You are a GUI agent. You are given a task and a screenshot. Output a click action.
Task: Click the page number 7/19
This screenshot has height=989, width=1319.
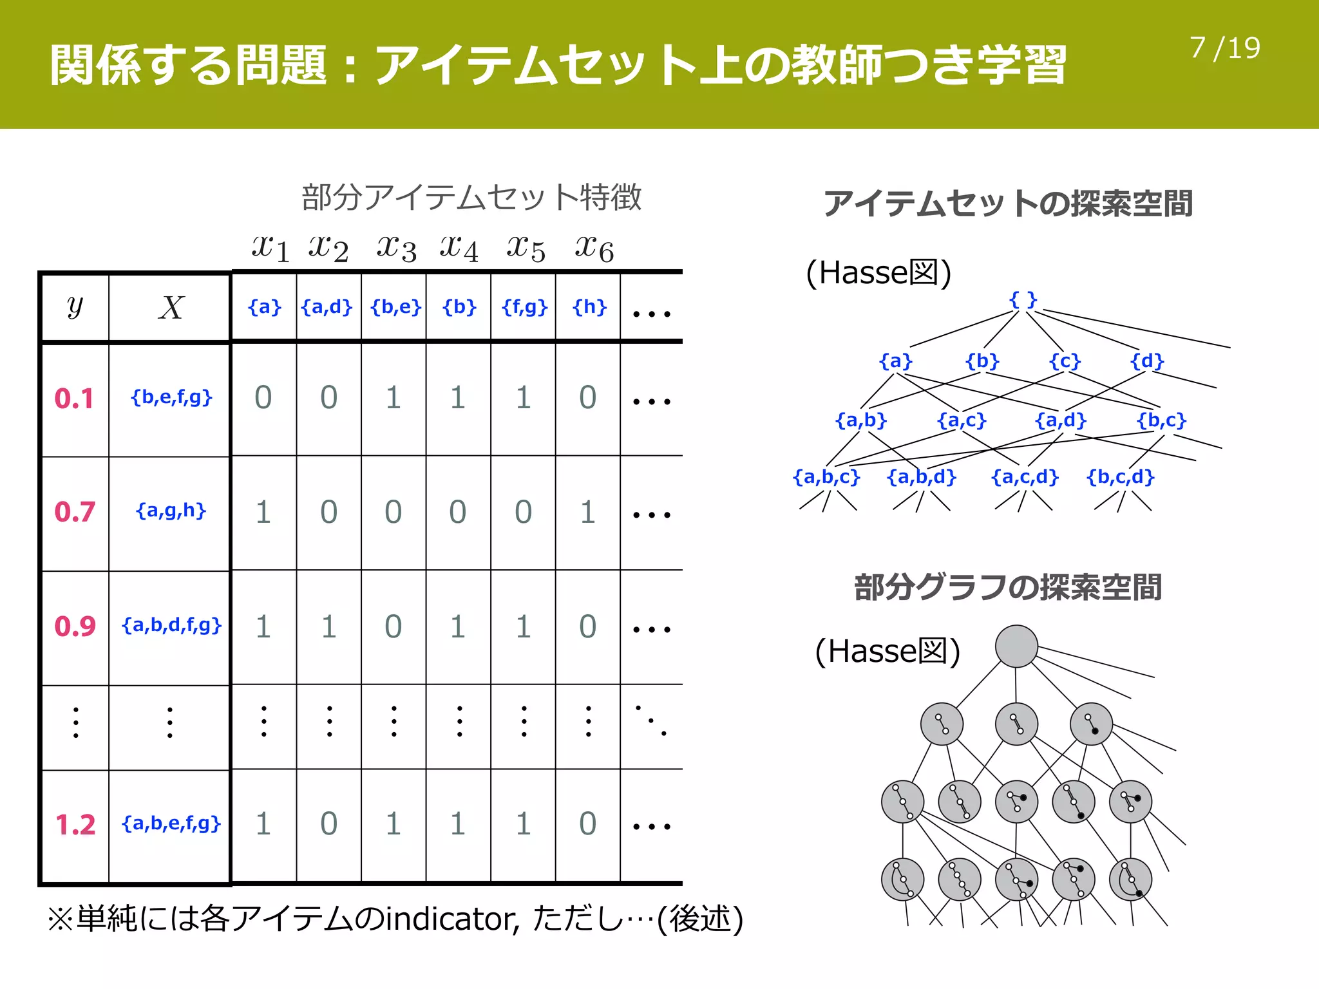tap(1224, 48)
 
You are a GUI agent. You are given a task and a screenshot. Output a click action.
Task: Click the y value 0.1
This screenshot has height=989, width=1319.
tap(74, 399)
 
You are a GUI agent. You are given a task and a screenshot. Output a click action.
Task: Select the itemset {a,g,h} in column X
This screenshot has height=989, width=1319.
tap(171, 511)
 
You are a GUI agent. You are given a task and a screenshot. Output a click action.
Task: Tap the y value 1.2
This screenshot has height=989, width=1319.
tap(75, 825)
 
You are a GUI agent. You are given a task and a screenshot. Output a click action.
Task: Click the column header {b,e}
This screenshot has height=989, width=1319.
tap(395, 307)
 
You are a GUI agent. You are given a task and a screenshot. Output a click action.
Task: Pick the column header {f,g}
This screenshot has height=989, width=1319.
tap(524, 307)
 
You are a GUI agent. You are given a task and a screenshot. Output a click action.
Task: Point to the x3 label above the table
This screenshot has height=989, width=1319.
tap(396, 248)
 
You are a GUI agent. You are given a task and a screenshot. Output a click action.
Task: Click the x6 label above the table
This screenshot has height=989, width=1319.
tap(594, 248)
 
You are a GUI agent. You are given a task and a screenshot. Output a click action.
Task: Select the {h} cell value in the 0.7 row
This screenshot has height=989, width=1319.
tap(587, 513)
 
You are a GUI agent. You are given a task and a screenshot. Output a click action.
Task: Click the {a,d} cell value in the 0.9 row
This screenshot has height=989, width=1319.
tap(328, 626)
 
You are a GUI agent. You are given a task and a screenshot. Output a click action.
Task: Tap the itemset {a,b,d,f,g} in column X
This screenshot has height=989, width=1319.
tap(171, 625)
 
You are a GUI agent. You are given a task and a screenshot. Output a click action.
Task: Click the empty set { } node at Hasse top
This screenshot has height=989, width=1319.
tap(1023, 300)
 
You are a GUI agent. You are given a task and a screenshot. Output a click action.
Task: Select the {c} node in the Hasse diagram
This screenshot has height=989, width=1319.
tap(1065, 361)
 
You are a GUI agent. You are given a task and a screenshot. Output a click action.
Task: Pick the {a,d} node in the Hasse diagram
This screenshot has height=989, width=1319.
tap(1060, 420)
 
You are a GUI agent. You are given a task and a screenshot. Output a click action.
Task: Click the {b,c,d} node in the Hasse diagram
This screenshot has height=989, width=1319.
tap(1120, 477)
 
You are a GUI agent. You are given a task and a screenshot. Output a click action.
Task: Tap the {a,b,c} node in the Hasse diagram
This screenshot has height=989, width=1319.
tap(826, 477)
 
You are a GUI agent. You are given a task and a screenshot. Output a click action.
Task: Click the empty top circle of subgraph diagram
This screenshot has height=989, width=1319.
tap(1016, 646)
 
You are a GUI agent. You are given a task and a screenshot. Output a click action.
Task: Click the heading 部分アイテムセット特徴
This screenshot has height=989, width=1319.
tap(471, 197)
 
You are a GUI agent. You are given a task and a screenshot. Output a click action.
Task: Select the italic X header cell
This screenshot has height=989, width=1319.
tap(171, 308)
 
